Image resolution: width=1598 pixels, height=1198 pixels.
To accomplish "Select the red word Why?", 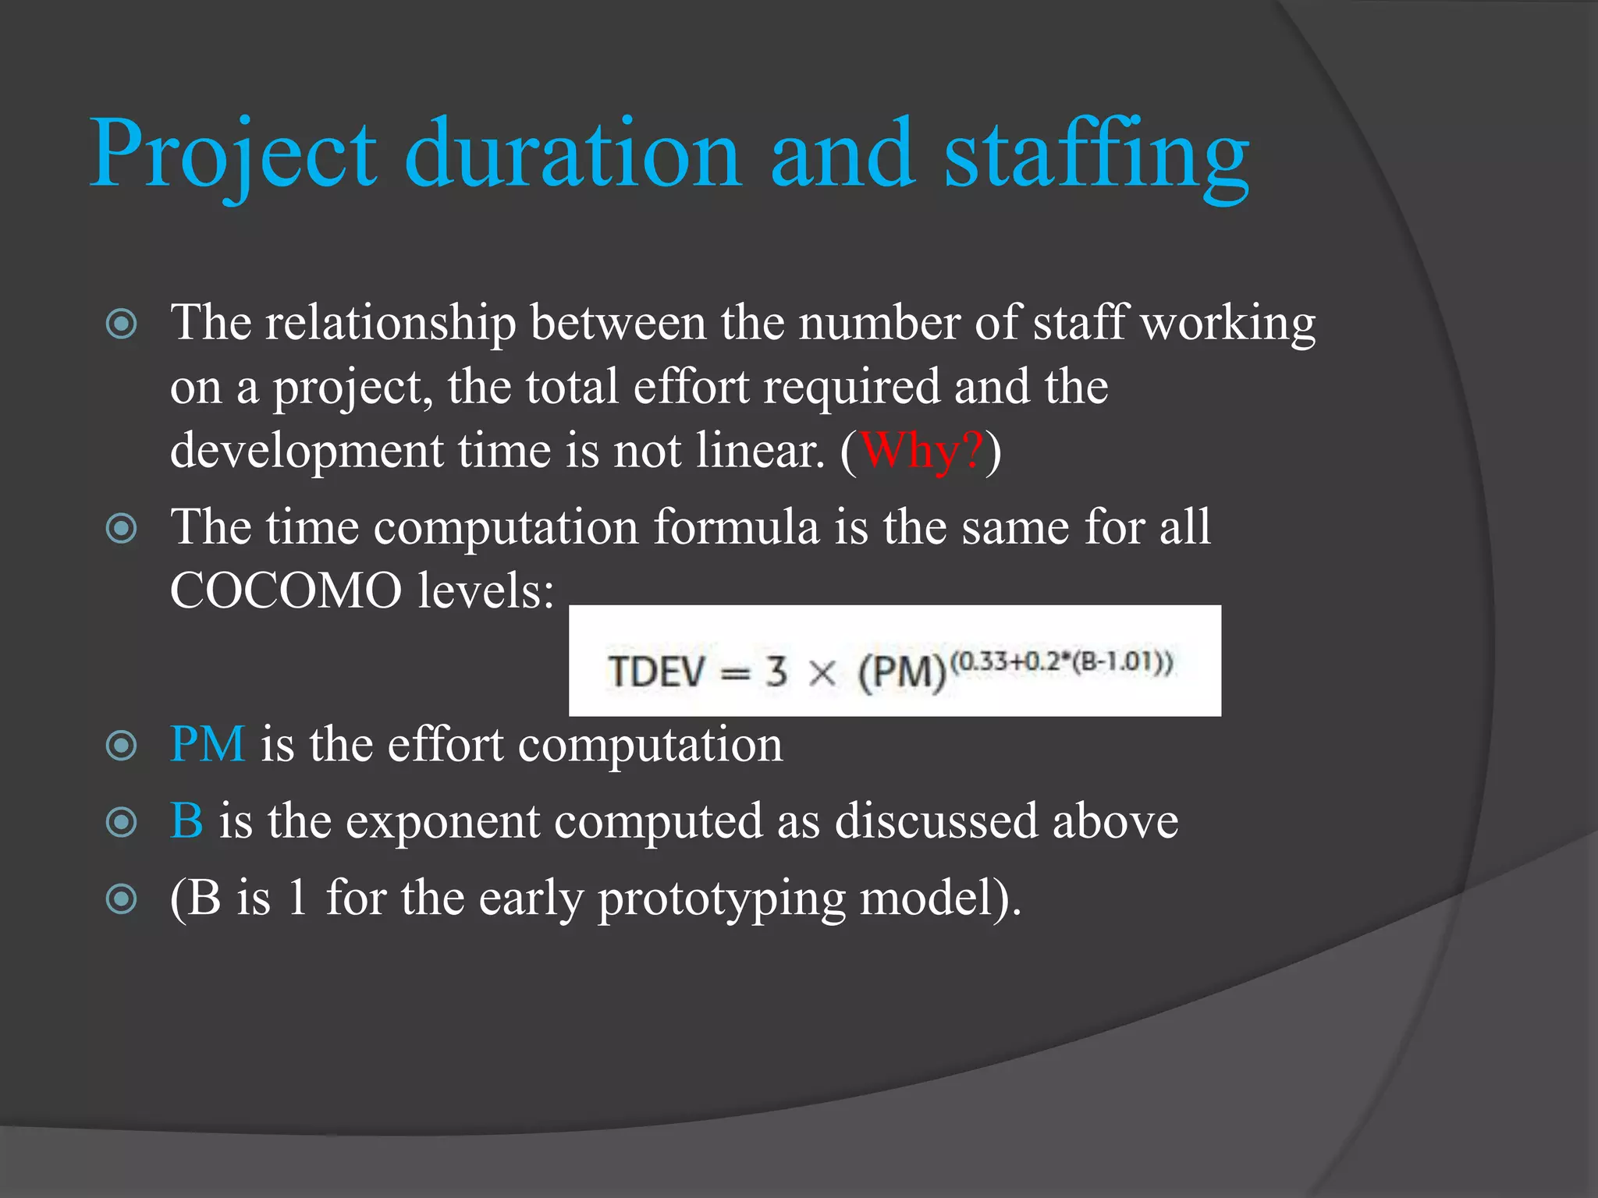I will click(x=921, y=452).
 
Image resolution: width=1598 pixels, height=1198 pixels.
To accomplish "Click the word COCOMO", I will click(x=286, y=590).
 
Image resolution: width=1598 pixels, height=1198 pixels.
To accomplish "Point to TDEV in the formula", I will click(x=657, y=672).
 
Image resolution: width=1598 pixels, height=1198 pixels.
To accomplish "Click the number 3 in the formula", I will click(x=776, y=672).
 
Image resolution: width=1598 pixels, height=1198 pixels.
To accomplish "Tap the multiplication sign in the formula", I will click(x=822, y=672).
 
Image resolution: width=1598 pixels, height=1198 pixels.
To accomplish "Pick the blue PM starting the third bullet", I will click(x=208, y=744).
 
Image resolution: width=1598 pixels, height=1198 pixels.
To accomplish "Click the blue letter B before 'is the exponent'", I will click(x=186, y=821).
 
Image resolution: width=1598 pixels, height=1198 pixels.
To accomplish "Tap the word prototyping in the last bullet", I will click(x=721, y=898).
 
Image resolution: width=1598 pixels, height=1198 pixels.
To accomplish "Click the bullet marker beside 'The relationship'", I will click(x=122, y=324).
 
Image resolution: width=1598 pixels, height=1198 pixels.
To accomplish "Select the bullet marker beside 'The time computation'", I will click(x=122, y=530).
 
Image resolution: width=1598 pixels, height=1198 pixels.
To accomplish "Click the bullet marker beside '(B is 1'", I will click(x=122, y=899).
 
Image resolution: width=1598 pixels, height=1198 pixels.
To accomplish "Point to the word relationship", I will click(x=390, y=323).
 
